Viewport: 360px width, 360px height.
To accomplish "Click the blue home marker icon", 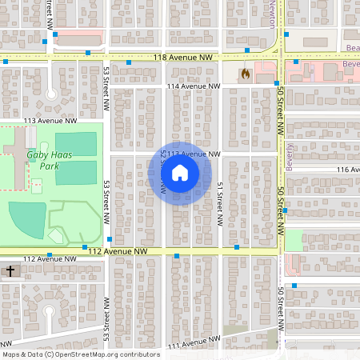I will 180,172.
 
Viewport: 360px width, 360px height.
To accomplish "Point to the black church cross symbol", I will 10,271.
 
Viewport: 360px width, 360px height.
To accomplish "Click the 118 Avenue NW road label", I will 184,58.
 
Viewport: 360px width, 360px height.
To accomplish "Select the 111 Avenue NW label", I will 192,345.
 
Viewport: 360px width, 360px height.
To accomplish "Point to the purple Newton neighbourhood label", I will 270,14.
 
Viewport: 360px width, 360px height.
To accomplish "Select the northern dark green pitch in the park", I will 76,144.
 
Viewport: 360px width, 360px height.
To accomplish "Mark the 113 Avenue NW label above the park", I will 50,120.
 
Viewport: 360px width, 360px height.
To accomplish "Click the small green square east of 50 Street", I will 294,239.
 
